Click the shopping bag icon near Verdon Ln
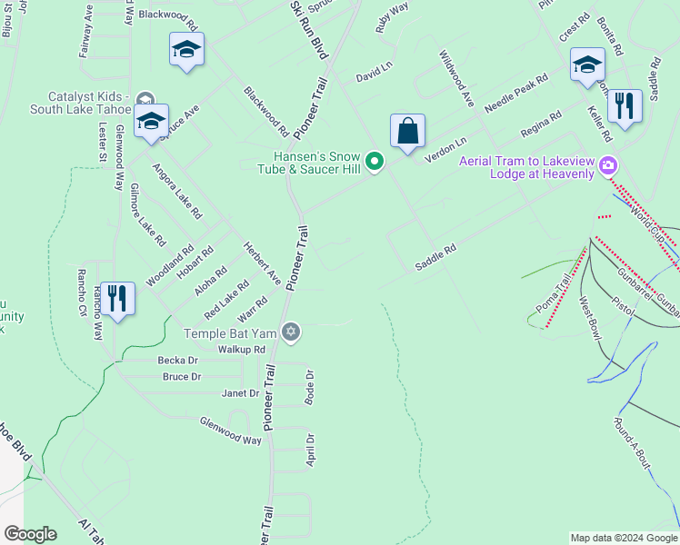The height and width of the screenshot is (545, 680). (408, 130)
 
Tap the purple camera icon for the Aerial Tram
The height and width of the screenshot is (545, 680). (608, 165)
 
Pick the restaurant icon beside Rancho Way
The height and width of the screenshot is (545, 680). (117, 298)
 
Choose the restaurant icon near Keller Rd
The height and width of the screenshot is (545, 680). (624, 105)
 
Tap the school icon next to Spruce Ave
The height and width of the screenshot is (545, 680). (151, 121)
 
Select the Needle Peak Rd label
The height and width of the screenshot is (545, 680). (516, 94)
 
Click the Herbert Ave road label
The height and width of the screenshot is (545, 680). (261, 262)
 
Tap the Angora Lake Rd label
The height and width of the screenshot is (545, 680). (176, 191)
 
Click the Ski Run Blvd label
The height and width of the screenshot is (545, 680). (308, 30)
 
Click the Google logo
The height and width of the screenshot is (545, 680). (30, 534)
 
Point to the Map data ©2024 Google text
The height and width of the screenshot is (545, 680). (624, 538)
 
